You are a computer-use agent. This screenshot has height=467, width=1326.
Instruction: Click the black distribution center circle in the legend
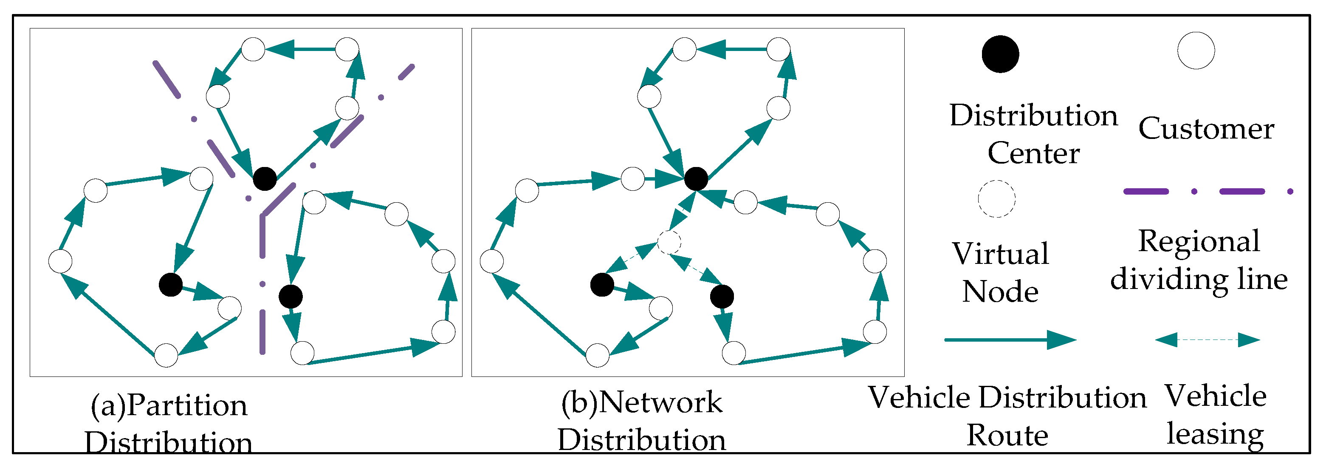1000,54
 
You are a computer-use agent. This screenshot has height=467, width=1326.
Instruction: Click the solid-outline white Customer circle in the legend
1196,51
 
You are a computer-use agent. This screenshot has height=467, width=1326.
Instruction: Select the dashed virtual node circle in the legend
996,199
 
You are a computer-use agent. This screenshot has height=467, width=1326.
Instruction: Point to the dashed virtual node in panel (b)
669,241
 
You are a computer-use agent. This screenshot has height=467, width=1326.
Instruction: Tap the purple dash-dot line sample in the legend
1207,192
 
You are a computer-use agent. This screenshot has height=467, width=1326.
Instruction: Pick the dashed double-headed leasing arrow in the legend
1207,340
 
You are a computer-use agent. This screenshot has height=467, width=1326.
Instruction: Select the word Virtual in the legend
1000,254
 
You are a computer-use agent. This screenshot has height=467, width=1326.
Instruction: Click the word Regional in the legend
1199,241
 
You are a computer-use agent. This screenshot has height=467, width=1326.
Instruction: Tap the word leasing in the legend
1215,433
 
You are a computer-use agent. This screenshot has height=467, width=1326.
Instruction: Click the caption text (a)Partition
169,406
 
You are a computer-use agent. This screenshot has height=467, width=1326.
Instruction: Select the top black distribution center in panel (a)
265,178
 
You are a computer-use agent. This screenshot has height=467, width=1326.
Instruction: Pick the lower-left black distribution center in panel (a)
170,284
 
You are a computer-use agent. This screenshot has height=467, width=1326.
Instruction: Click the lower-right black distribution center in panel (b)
722,297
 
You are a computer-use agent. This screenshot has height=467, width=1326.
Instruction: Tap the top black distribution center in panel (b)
696,178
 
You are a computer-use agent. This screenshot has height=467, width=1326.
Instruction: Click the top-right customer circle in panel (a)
347,49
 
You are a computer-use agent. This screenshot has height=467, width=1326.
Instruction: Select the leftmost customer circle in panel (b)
491,261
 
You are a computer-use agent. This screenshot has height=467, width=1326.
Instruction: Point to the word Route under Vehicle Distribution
1007,436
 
